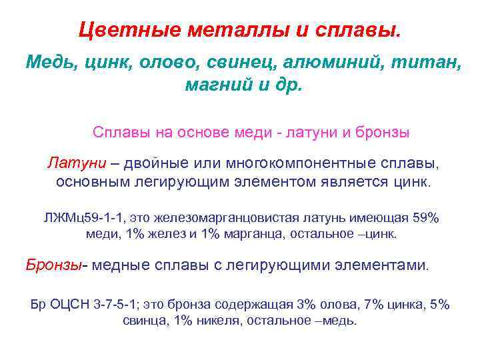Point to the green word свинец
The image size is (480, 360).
tap(238, 63)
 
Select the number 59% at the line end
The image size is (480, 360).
tap(425, 218)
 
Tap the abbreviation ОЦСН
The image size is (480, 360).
tap(70, 305)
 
